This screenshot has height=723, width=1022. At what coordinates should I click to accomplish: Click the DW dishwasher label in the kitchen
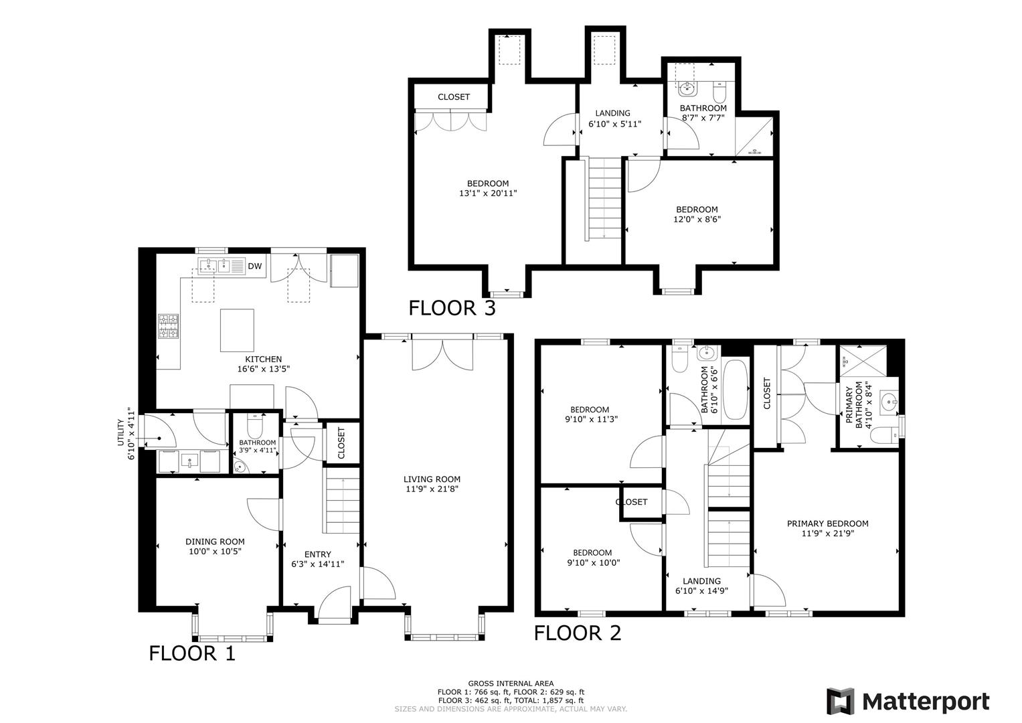(254, 266)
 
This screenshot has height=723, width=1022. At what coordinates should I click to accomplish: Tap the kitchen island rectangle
(237, 330)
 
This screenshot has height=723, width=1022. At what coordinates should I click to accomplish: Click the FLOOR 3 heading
(452, 308)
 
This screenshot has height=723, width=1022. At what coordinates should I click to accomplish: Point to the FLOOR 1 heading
(192, 653)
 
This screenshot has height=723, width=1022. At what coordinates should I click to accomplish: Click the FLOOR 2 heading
(578, 633)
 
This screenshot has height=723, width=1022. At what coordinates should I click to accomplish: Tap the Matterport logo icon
(840, 701)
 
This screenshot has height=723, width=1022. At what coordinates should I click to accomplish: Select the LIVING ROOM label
(432, 479)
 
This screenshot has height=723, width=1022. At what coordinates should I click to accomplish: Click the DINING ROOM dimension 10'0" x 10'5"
(215, 552)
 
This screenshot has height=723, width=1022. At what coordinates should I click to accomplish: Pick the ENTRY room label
(317, 554)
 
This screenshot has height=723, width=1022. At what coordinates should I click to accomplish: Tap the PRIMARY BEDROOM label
(827, 524)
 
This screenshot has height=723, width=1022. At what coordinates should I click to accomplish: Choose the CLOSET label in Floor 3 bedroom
(454, 97)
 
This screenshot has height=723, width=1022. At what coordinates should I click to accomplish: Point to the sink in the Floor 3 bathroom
(686, 88)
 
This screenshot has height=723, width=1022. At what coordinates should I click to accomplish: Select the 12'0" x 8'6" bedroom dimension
(696, 219)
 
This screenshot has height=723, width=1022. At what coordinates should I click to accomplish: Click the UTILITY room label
(121, 433)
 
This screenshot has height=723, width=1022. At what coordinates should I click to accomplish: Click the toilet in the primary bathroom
(884, 436)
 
